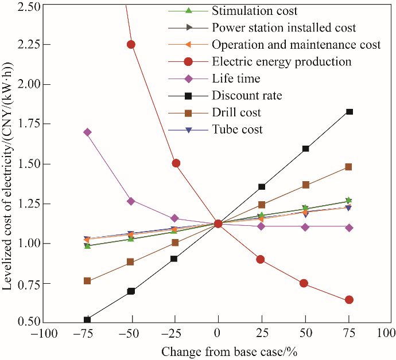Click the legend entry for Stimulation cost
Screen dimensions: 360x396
click(254, 11)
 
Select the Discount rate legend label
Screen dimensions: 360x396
click(247, 95)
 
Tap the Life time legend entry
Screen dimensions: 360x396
click(236, 79)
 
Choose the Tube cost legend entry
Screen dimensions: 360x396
click(237, 129)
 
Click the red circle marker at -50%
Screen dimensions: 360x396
click(131, 44)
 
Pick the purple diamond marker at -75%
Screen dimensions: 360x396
click(87, 132)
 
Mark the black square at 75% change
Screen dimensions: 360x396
click(350, 112)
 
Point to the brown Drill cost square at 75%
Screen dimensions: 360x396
click(348, 167)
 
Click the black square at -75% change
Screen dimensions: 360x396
click(87, 319)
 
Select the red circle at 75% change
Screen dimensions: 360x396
click(349, 300)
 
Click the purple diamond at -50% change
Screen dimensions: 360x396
click(131, 201)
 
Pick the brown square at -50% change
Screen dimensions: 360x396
click(131, 262)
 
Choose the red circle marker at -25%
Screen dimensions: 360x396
click(176, 163)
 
